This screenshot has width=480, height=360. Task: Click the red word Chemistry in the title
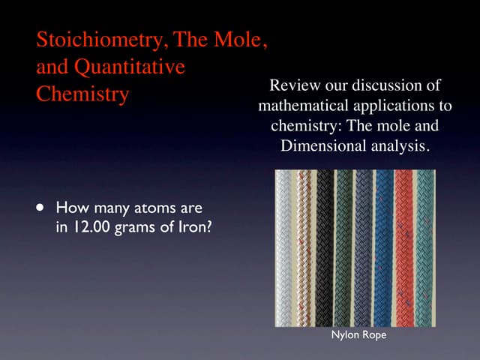pyautogui.click(x=82, y=96)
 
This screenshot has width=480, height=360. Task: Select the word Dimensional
pyautogui.click(x=323, y=145)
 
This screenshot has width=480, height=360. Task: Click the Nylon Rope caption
pyautogui.click(x=358, y=334)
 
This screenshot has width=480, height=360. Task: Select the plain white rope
pyautogui.click(x=284, y=247)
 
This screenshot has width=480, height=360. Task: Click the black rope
pyautogui.click(x=325, y=247)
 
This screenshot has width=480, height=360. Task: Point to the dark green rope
pyautogui.click(x=344, y=247)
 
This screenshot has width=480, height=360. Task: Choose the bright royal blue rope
pyautogui.click(x=384, y=247)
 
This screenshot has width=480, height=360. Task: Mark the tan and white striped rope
pyautogui.click(x=304, y=247)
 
